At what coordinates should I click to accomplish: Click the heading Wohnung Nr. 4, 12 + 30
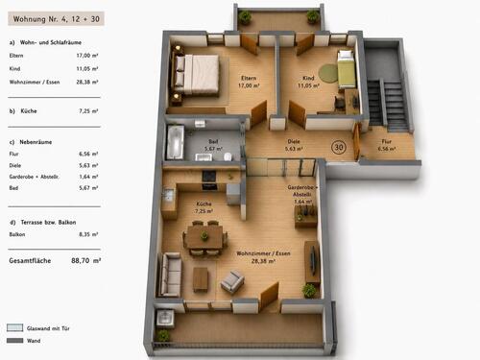coord(57,19)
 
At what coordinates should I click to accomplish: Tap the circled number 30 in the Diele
coord(339,147)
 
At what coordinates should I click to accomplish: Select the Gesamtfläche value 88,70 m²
coord(86,260)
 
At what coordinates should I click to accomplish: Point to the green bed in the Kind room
coord(347,69)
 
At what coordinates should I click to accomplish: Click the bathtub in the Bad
coord(175,142)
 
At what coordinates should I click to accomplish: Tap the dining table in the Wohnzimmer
coord(204,237)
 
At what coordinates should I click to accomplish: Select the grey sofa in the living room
coord(170,274)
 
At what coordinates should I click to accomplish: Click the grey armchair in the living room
coord(232,281)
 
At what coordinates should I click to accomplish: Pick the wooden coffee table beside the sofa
coord(201,279)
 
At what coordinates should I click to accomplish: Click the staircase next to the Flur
coord(388,105)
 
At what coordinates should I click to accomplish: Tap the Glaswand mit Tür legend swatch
coord(15,327)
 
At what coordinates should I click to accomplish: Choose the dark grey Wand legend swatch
coord(15,341)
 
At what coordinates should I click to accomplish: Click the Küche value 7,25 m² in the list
coord(88,111)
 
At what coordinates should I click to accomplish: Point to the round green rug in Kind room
coord(328,73)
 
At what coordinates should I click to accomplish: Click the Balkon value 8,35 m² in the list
coord(88,234)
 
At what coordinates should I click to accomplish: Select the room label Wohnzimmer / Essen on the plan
coord(263,253)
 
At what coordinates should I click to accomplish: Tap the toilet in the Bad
coord(228,156)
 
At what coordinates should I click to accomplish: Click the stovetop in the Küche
coord(209,176)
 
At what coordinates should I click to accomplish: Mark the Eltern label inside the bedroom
coord(249,78)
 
